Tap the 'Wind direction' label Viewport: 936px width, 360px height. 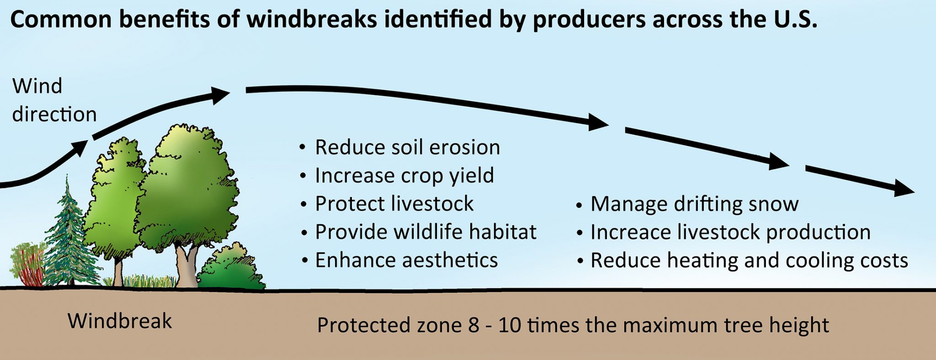click(x=54, y=100)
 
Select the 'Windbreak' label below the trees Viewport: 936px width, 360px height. click(x=120, y=321)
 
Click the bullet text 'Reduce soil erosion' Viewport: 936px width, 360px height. click(x=407, y=148)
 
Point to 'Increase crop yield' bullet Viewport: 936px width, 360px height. click(x=404, y=175)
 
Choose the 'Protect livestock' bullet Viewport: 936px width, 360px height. click(x=394, y=204)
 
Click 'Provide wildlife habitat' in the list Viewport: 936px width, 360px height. click(x=425, y=232)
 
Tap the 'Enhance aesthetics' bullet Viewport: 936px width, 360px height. click(x=406, y=260)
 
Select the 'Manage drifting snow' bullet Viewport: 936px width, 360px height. click(x=694, y=204)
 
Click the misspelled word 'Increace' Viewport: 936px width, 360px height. click(x=630, y=232)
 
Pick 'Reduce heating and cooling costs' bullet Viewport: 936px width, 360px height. click(x=749, y=260)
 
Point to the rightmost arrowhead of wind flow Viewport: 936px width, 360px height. click(x=903, y=188)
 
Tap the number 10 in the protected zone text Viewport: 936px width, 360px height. click(x=509, y=326)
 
